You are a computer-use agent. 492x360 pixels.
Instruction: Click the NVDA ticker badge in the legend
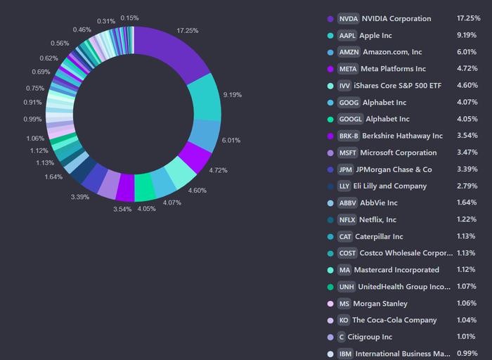pos(348,18)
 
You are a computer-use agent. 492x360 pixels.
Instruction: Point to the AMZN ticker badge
pos(348,52)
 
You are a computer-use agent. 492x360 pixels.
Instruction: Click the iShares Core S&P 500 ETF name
pos(403,86)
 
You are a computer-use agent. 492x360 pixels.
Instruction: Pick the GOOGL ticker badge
pos(350,119)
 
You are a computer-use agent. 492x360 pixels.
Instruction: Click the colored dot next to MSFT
pos(330,153)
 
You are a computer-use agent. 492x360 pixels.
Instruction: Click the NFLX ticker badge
pos(347,219)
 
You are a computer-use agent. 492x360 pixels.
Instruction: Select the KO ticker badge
pos(344,320)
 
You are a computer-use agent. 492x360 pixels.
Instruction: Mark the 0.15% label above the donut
pos(129,18)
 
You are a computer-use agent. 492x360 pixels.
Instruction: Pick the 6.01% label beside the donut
pos(232,140)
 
